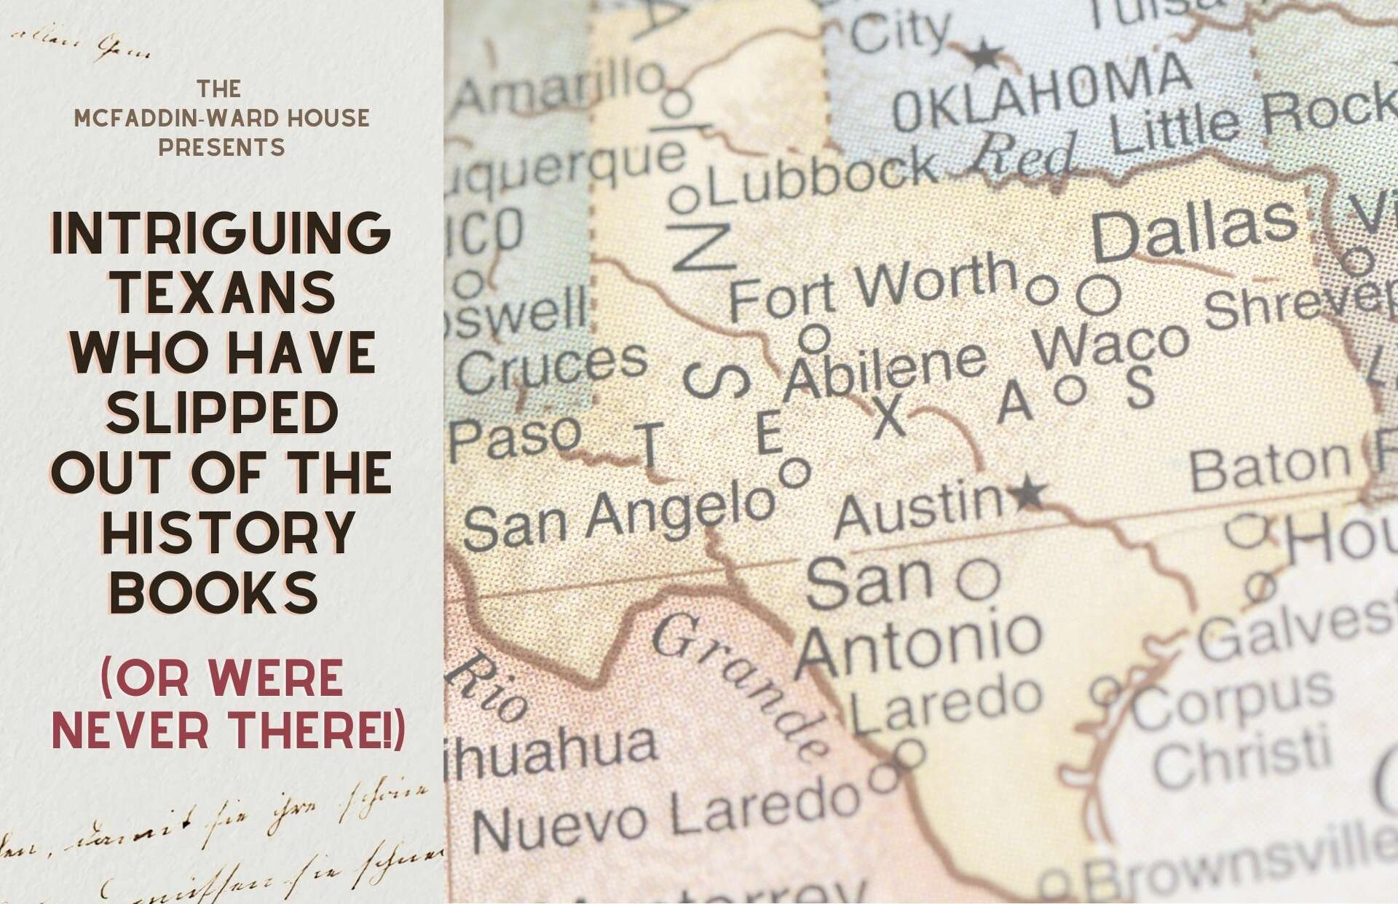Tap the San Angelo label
coord(619,516)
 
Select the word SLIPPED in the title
coord(222,412)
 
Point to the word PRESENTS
coord(221,148)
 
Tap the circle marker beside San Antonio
coord(978,579)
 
